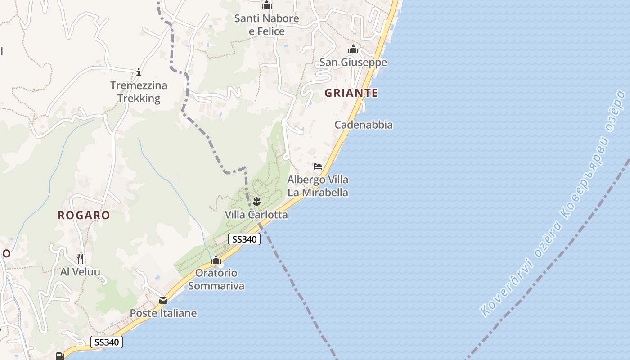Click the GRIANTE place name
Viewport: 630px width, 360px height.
[x=351, y=93]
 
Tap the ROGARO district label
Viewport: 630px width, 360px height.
[x=84, y=215]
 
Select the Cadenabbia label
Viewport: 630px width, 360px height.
[x=364, y=125]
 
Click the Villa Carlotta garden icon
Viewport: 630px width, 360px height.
[x=257, y=201]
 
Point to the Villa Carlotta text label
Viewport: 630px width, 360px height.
[x=256, y=215]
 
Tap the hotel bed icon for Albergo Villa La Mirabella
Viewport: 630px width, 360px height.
[x=318, y=166]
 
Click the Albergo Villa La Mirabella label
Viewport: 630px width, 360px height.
[x=318, y=186]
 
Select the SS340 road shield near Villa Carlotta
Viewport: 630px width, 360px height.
[x=244, y=239]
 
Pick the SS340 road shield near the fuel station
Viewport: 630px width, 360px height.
[x=107, y=342]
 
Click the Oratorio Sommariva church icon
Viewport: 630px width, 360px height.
[x=216, y=260]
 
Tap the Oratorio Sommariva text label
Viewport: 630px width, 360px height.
[x=216, y=279]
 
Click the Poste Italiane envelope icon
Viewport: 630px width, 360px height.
[x=163, y=300]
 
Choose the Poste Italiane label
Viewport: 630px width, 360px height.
[x=163, y=313]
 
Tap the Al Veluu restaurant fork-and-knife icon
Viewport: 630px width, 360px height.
[x=80, y=258]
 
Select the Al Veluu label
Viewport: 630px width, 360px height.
[x=80, y=272]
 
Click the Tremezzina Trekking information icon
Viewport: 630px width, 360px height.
[x=139, y=72]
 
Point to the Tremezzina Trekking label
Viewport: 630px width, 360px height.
[x=139, y=92]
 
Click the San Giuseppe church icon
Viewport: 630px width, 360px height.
[x=353, y=49]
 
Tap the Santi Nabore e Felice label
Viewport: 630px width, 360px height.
[x=267, y=25]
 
